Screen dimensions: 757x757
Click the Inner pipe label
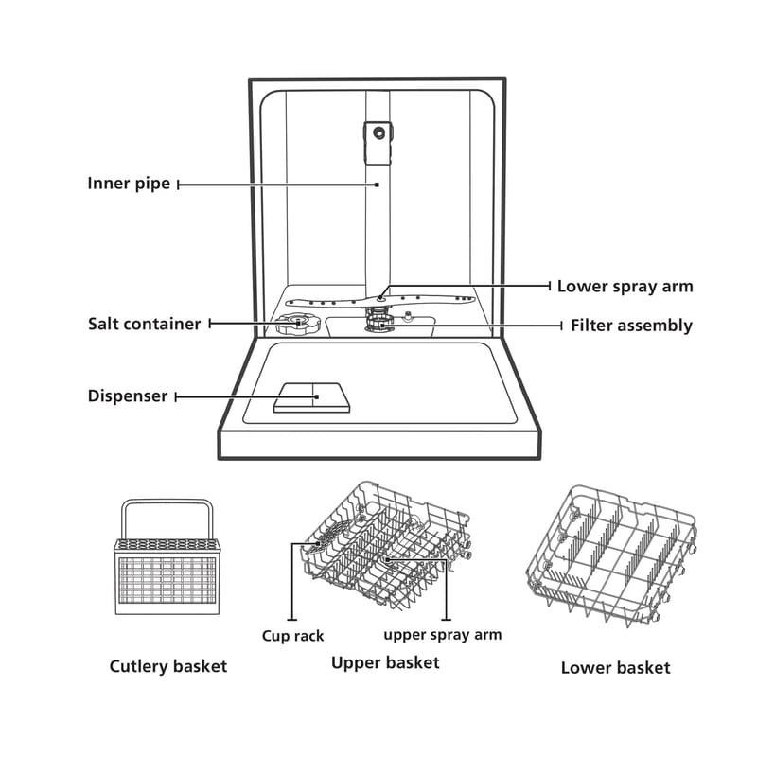129,184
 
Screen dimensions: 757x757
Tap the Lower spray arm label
625,286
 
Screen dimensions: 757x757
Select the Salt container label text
144,324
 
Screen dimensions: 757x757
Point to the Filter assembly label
631,326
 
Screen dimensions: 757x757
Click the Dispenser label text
128,396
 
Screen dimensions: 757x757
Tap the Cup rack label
292,636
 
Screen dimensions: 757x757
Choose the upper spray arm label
442,634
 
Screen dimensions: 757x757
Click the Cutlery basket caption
168,666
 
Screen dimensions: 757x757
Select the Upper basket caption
385,662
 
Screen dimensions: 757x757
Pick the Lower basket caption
615,667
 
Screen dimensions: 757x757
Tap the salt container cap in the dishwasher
293,326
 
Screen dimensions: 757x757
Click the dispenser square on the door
310,396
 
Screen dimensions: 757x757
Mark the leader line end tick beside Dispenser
176,396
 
